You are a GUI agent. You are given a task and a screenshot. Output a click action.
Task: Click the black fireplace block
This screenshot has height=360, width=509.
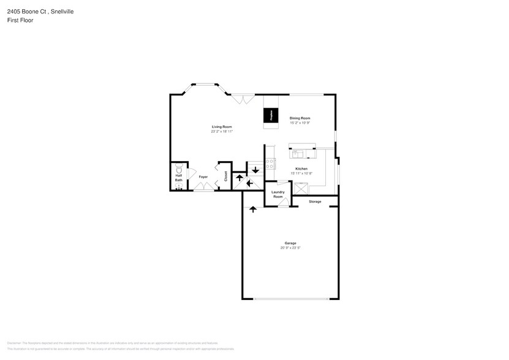click(x=268, y=115)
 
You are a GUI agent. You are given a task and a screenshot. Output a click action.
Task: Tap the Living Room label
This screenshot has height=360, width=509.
click(x=222, y=127)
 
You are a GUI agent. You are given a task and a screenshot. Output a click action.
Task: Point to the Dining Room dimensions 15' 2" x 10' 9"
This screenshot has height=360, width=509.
click(x=300, y=122)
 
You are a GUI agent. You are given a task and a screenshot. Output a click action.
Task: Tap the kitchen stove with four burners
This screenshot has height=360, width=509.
click(x=270, y=164)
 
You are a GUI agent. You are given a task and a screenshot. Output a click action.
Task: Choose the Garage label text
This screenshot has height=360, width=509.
click(x=290, y=243)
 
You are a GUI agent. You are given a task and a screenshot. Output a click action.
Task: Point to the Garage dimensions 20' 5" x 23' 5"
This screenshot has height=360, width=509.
click(x=290, y=247)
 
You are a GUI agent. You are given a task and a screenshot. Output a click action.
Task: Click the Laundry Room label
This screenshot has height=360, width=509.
click(x=278, y=194)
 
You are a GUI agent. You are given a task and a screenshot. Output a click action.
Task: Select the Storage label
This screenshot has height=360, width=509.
click(x=315, y=201)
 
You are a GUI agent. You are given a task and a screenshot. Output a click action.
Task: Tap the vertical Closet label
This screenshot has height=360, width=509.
click(x=225, y=176)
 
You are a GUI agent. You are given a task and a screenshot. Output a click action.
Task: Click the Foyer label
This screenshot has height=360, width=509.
click(x=203, y=177)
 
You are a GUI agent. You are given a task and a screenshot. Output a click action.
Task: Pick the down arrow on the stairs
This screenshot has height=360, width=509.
click(x=255, y=170)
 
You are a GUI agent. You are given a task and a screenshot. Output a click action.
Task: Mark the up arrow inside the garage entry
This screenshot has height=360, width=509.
click(x=253, y=209)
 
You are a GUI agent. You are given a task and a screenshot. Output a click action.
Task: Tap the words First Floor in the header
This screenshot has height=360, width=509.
click(x=20, y=20)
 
